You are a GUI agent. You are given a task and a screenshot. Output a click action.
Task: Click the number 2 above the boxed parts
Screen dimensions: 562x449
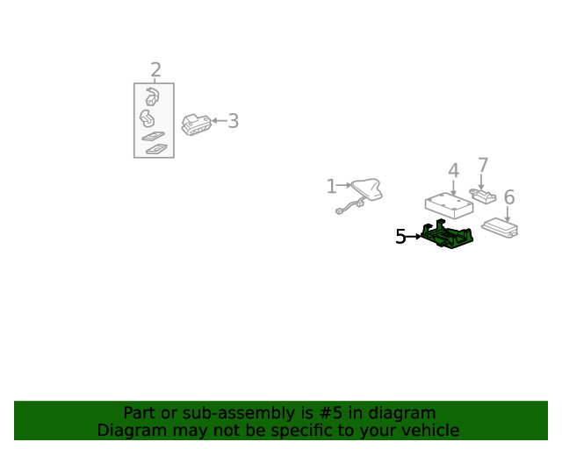(155, 70)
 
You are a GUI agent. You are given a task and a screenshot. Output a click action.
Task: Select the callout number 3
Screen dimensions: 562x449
(234, 121)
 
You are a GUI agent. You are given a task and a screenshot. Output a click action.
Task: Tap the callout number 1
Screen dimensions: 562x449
(331, 187)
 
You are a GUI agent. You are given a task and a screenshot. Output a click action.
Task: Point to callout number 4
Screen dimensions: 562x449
(454, 170)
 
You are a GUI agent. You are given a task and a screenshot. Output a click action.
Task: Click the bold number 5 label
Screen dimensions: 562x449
(400, 237)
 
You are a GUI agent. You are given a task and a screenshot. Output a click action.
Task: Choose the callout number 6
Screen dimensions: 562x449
(509, 197)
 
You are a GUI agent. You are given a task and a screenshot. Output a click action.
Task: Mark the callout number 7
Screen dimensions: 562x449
(483, 166)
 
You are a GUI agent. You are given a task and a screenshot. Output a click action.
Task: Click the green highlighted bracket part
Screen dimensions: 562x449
(447, 233)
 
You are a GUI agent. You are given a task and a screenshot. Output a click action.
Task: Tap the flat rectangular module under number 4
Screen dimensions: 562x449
(449, 206)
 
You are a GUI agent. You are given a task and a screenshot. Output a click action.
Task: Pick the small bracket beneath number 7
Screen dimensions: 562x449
(483, 196)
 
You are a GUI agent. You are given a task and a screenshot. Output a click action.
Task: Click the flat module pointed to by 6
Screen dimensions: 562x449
(500, 228)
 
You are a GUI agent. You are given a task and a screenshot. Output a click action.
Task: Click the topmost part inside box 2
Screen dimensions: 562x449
(152, 96)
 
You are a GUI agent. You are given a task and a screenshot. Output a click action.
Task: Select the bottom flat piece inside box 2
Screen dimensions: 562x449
(156, 149)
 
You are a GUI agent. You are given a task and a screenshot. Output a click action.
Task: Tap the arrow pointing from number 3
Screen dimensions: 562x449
(220, 121)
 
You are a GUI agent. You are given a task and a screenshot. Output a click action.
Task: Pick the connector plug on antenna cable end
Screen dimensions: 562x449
(339, 211)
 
